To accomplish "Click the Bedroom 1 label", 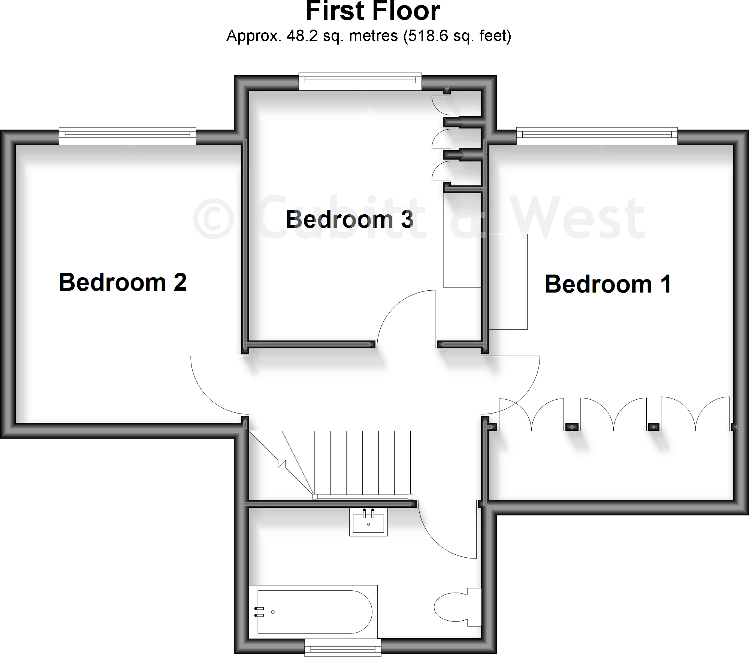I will point(608,284).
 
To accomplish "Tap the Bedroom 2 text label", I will point(123,282).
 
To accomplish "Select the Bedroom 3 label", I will point(349,219).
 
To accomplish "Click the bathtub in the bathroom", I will point(315,612).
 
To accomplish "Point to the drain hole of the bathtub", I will point(273,612).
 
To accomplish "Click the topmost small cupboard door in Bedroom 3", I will point(441,106).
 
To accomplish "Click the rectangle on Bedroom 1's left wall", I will point(508,282).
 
